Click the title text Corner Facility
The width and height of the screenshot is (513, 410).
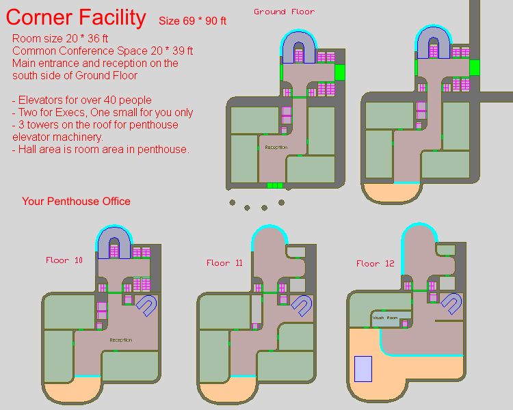76,18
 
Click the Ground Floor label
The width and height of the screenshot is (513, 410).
284,12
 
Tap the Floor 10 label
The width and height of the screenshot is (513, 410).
64,260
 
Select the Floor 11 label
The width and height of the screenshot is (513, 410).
224,263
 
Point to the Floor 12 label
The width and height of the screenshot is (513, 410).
375,263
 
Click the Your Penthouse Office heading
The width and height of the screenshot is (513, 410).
76,202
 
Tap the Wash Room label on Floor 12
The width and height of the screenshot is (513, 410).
384,318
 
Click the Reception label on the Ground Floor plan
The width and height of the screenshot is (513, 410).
276,148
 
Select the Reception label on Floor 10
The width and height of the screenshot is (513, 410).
120,340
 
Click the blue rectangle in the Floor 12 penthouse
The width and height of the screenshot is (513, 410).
363,369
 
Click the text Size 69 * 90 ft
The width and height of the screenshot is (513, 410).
192,21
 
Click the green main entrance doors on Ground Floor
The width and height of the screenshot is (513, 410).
274,185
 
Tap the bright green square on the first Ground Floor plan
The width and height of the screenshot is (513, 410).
340,72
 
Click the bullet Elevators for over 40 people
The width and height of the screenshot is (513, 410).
82,100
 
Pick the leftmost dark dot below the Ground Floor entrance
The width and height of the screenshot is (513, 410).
233,202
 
